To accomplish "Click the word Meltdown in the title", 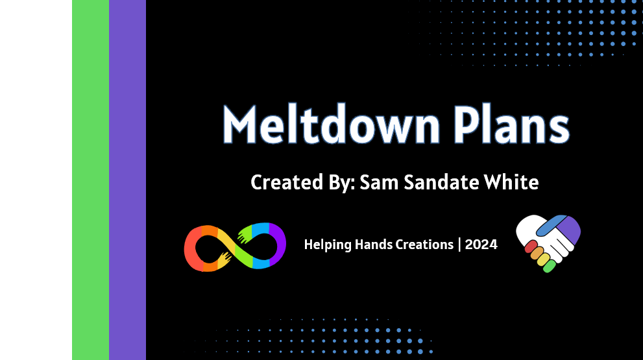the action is tap(332, 124).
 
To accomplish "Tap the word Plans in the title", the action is tap(511, 124).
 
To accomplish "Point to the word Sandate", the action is tap(441, 182).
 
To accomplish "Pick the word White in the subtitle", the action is tap(511, 182).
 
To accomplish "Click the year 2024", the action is tap(481, 245).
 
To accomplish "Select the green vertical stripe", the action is tap(91, 180).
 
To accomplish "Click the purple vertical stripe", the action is tap(128, 180).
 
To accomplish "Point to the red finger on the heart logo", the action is tap(531, 246).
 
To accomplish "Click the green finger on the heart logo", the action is tap(549, 267).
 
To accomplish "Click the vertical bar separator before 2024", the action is tap(459, 245).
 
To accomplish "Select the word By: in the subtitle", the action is tap(341, 183).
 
